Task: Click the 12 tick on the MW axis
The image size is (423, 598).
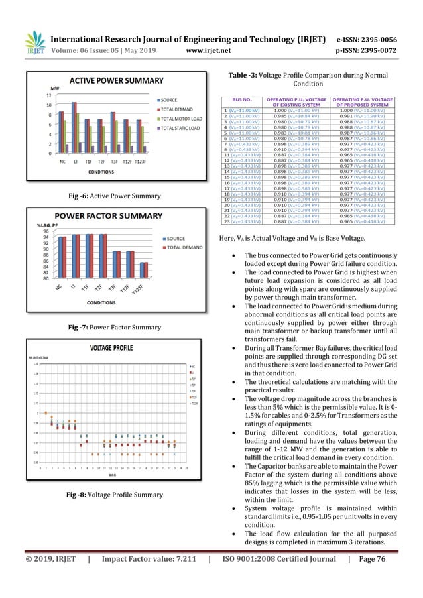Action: point(48,95)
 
